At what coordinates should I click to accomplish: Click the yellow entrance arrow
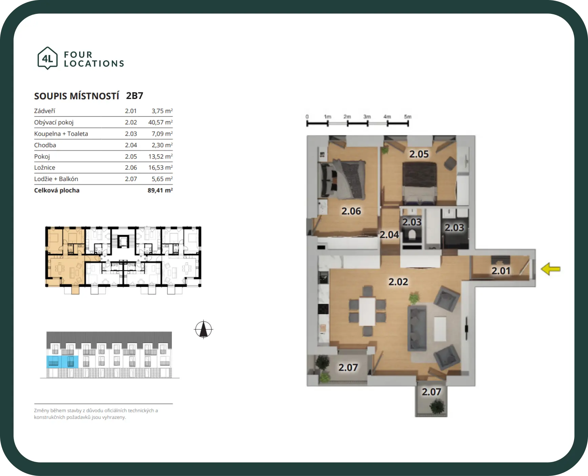(x=551, y=269)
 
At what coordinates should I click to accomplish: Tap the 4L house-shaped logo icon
(x=47, y=58)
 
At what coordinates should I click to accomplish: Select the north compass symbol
(x=203, y=329)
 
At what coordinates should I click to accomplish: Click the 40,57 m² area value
(x=160, y=122)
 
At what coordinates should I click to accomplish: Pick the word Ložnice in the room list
(x=45, y=167)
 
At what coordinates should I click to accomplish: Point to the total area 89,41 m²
(x=160, y=190)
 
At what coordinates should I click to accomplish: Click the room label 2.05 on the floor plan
(x=419, y=154)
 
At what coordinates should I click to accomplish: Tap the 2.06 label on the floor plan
(x=351, y=211)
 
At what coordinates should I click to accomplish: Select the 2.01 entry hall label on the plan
(x=501, y=271)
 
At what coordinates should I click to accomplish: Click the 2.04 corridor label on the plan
(x=389, y=234)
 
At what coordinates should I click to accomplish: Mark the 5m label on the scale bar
(x=407, y=117)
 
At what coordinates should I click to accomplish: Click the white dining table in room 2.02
(x=367, y=311)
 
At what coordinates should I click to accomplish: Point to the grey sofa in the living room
(x=417, y=328)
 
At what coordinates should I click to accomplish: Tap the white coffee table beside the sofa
(x=440, y=329)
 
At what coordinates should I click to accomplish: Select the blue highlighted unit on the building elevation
(x=62, y=362)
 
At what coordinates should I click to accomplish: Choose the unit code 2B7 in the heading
(x=135, y=96)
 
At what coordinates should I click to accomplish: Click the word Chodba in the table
(x=45, y=145)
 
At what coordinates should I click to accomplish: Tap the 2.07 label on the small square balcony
(x=431, y=392)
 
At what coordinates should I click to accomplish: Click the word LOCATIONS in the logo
(x=94, y=63)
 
